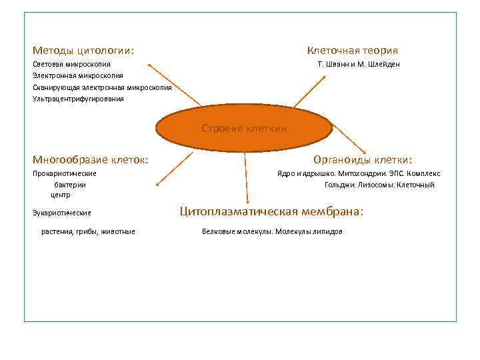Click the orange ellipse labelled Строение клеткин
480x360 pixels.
pyautogui.click(x=244, y=129)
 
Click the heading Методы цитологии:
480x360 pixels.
pyautogui.click(x=83, y=50)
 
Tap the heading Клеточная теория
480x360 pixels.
pyautogui.click(x=352, y=50)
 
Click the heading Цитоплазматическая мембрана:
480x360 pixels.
pyautogui.click(x=272, y=211)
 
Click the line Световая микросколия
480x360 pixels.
pyautogui.click(x=72, y=64)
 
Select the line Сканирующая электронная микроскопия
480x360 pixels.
pyautogui.click(x=102, y=87)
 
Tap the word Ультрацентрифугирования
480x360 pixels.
pyautogui.click(x=78, y=99)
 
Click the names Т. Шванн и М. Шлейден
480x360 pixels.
pyautogui.click(x=359, y=64)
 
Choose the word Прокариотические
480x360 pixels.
pyautogui.click(x=65, y=173)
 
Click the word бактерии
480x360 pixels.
pyautogui.click(x=70, y=185)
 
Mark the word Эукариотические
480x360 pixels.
pyautogui.click(x=62, y=213)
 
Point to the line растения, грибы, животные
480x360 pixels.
pyautogui.click(x=88, y=231)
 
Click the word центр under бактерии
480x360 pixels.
pyautogui.click(x=61, y=195)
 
